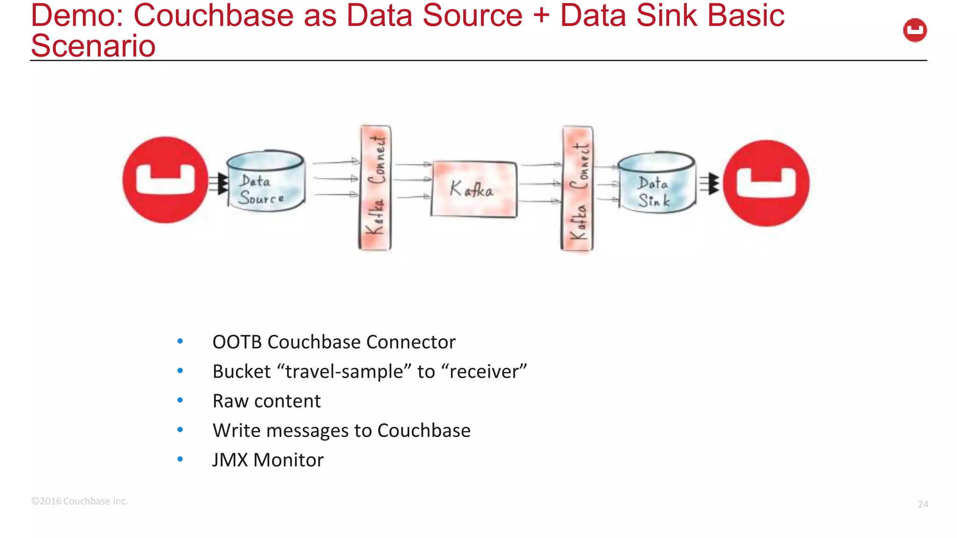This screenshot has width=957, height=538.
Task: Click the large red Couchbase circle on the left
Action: pos(165,180)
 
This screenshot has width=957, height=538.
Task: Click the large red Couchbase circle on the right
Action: pos(766,183)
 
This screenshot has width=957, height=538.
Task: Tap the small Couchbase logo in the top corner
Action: pos(914,30)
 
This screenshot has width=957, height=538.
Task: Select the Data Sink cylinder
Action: pos(656,184)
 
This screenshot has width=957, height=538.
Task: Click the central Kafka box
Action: pos(474,189)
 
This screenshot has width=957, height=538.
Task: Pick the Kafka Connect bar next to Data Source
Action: pos(375,188)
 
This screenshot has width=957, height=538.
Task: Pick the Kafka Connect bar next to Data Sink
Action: pos(578,189)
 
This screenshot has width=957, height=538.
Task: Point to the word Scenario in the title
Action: pos(93,46)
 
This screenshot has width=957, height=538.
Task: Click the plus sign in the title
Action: pos(541,15)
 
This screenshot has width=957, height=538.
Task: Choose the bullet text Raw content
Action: pos(266,401)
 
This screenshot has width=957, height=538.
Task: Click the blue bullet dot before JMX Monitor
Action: pos(180,460)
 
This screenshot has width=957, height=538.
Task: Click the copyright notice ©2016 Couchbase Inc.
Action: pos(79,501)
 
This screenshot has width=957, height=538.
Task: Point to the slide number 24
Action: pos(922,504)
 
